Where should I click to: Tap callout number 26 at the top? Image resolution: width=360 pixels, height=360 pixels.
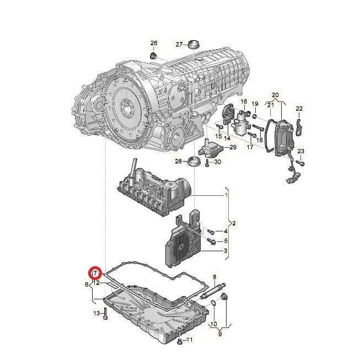tap(154, 44)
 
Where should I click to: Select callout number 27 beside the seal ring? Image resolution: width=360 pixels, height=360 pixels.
tap(179, 44)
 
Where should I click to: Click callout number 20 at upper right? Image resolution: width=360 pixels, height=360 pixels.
tap(276, 95)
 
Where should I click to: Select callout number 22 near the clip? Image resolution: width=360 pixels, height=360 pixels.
tap(299, 108)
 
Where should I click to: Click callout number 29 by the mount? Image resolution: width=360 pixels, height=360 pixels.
tap(233, 147)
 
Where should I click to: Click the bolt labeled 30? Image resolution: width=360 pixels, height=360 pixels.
tap(206, 162)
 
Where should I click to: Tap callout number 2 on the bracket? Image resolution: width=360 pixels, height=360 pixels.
tap(234, 223)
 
